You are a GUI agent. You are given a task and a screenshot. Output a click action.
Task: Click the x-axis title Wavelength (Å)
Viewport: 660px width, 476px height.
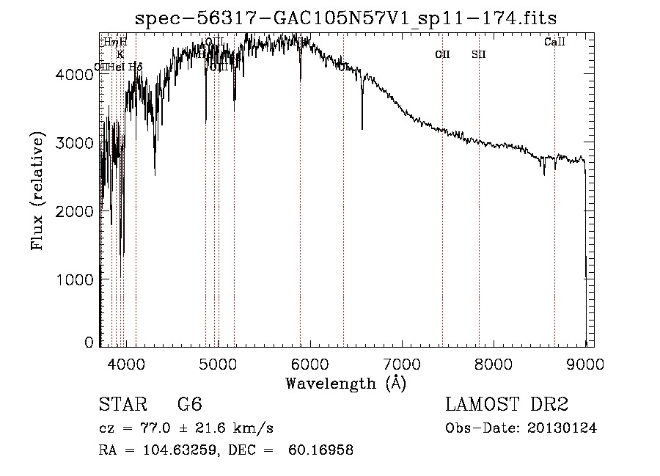(345, 383)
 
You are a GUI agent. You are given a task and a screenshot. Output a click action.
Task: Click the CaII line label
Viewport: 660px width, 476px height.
(554, 43)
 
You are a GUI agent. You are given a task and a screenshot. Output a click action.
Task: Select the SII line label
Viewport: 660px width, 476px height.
(479, 54)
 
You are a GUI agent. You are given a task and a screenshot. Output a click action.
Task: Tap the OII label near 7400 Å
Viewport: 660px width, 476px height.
(442, 54)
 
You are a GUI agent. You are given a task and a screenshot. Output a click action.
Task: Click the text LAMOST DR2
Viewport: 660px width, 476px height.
(507, 405)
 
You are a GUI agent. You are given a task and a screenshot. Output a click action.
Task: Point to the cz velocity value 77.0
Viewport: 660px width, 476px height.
(150, 428)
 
